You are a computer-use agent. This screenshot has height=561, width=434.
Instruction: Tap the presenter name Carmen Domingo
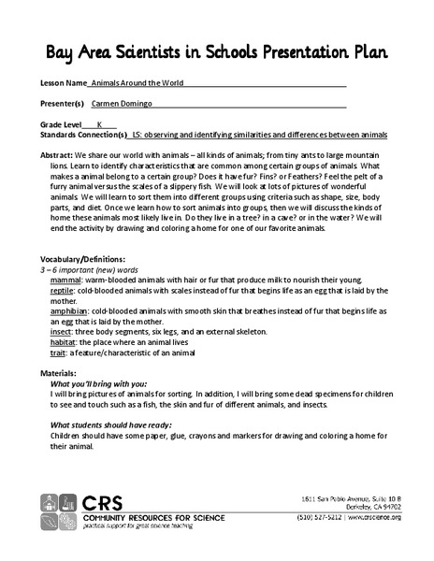coord(131,103)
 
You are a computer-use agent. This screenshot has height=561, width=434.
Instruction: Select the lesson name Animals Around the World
coord(145,82)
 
